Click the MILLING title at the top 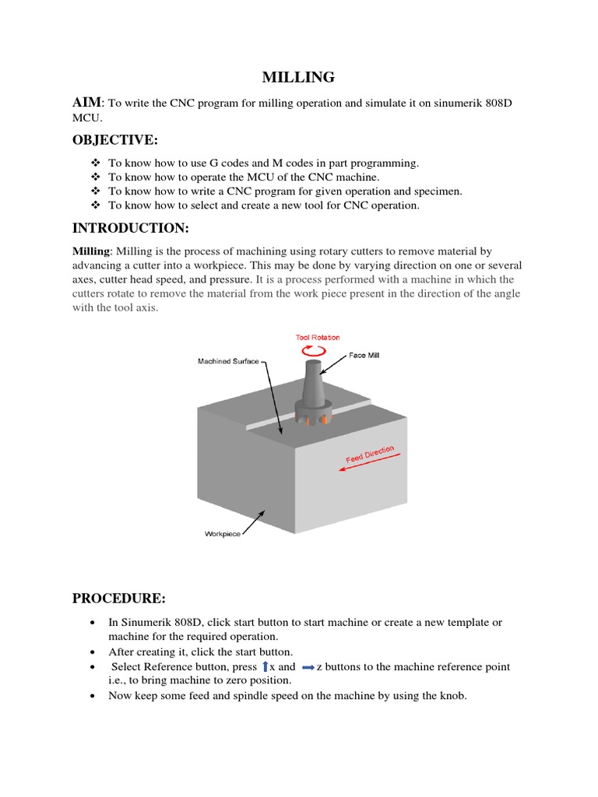(298, 77)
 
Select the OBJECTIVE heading (115, 139)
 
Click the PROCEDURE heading (119, 598)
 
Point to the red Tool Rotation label (317, 337)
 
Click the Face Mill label (364, 355)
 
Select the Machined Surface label (228, 362)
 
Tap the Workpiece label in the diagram (223, 534)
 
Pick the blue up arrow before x (265, 666)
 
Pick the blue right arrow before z (307, 667)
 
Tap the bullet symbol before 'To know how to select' (95, 205)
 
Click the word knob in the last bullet (451, 696)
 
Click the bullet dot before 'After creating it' (93, 651)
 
